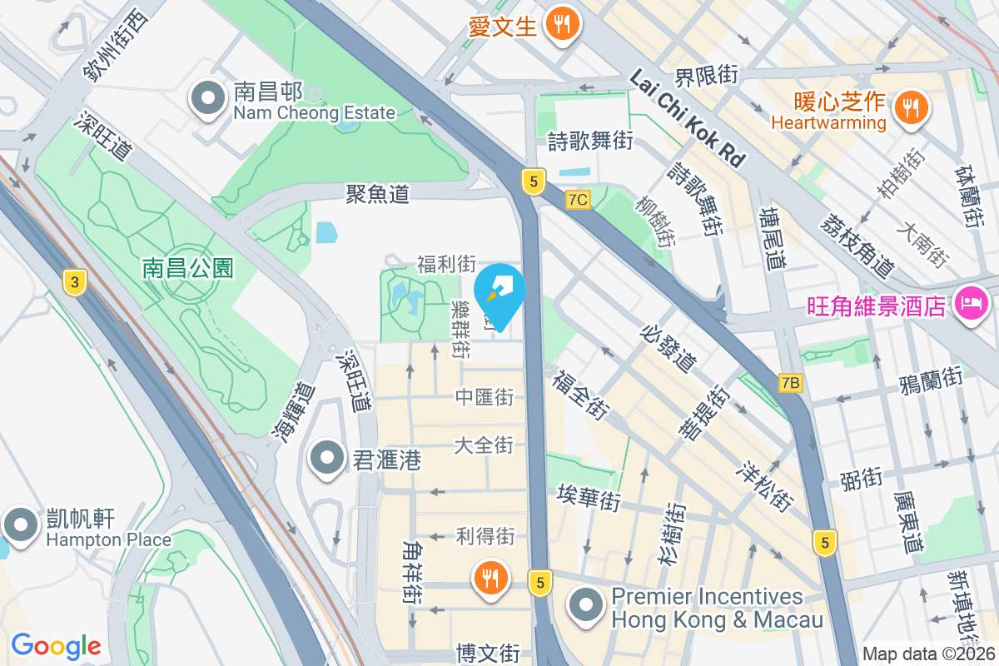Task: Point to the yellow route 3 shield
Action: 75,282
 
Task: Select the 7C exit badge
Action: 577,200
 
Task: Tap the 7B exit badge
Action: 791,383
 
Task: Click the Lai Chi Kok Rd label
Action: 686,118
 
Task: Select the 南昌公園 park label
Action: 188,268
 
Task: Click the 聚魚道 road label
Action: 378,194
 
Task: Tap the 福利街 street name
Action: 446,265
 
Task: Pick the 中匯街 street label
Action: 484,397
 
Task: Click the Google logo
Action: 56,645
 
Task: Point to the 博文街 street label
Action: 489,652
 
